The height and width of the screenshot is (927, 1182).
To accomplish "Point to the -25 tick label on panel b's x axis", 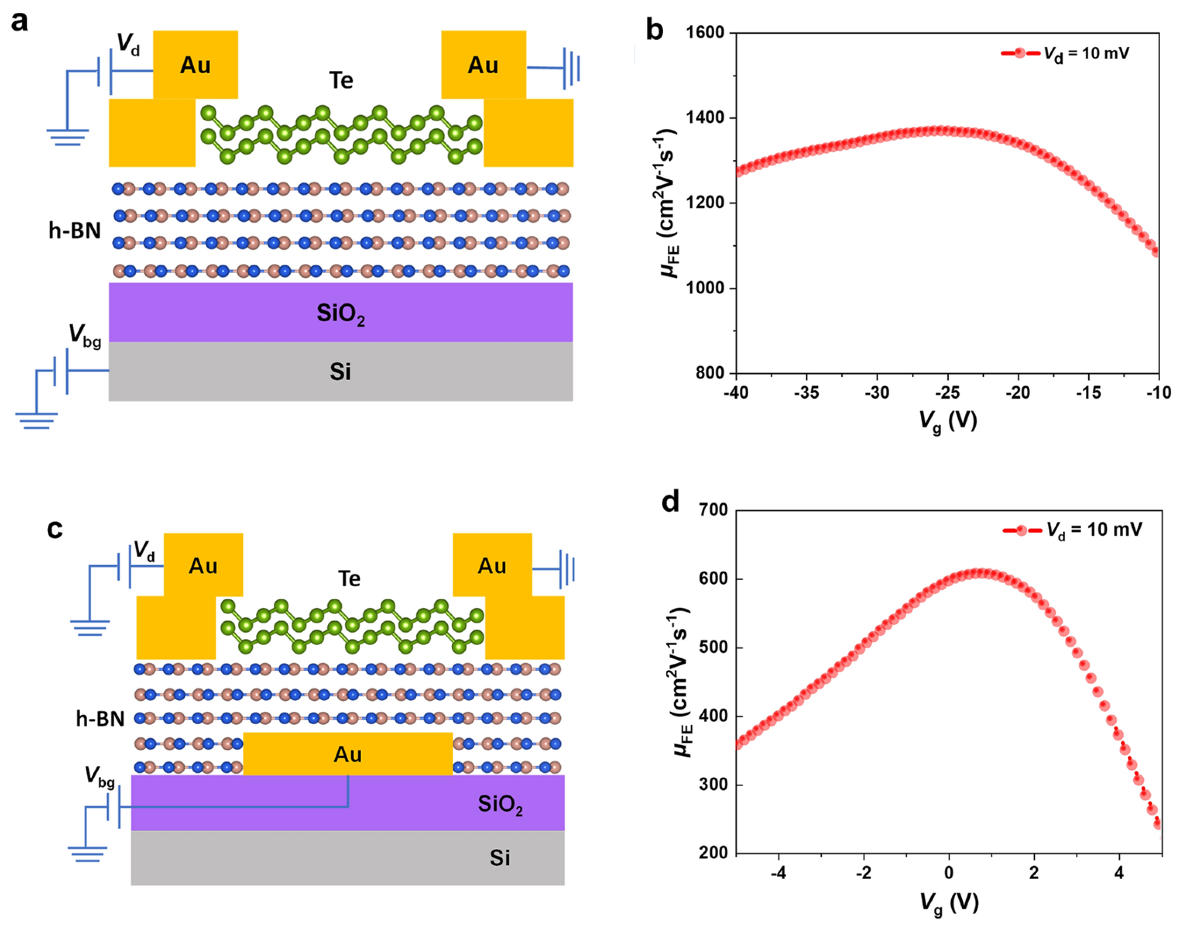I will (x=947, y=393).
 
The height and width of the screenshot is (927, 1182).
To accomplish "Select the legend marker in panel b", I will (x=1020, y=53).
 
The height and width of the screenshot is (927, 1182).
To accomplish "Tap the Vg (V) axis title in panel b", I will (x=947, y=421).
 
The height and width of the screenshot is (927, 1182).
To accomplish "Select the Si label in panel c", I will (x=499, y=857).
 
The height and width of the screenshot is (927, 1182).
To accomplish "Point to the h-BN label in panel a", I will (x=75, y=231).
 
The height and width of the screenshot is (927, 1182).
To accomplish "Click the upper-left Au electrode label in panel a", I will (x=195, y=65).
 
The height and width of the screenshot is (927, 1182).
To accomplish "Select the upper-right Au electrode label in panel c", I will (x=492, y=566).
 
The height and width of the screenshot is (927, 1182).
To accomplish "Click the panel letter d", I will (x=671, y=502).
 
